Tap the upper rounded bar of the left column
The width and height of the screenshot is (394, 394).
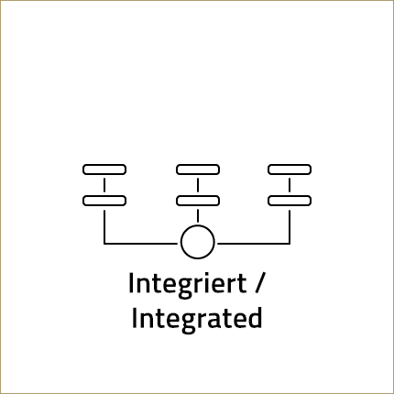point(104,170)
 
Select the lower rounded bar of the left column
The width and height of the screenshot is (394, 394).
point(104,201)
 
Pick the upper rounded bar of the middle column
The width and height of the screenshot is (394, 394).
point(198,170)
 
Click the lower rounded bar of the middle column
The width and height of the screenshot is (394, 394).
point(198,201)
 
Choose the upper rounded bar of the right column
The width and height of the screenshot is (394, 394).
point(290,170)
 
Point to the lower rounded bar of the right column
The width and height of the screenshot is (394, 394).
point(290,201)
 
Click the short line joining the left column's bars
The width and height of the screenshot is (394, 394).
point(104,185)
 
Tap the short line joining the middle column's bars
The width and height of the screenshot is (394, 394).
point(198,185)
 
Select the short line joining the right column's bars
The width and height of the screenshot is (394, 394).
point(290,185)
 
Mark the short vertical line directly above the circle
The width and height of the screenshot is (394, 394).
point(198,215)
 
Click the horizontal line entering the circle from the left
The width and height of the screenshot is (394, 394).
point(140,244)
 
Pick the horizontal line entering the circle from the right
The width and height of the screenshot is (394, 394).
point(254,244)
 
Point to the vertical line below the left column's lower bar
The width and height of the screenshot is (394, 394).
point(104,226)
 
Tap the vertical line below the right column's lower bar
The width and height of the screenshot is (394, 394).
point(290,226)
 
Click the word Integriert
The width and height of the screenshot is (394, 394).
point(188,284)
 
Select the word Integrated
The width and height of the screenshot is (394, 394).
point(197,318)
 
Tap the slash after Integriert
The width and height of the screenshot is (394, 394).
point(258,283)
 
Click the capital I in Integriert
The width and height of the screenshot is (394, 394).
point(131,283)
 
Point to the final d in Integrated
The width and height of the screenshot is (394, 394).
point(255,318)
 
